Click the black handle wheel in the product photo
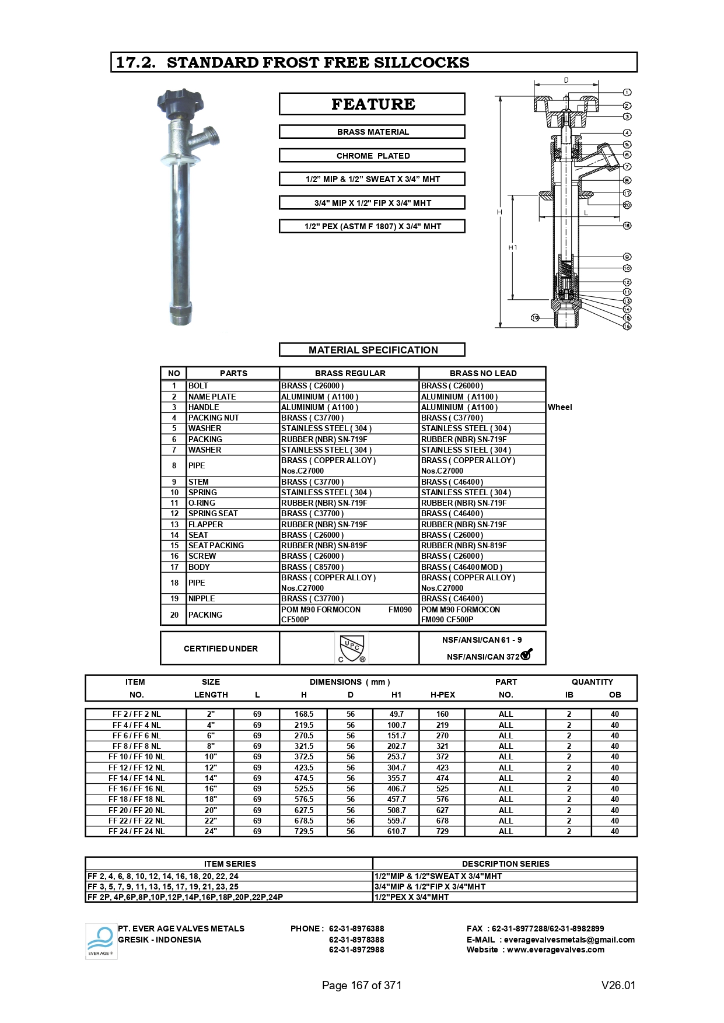click(180, 104)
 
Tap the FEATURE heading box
click(372, 104)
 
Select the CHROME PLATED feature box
click(372, 156)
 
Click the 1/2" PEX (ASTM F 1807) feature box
click(372, 226)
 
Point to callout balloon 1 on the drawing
click(627, 92)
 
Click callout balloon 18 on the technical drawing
click(627, 226)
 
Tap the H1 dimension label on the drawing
click(513, 247)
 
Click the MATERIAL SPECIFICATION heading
click(372, 350)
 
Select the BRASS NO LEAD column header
click(482, 373)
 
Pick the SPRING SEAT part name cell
click(213, 513)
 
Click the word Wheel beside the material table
click(559, 407)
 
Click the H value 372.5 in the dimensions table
click(303, 756)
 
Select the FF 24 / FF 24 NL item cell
click(137, 831)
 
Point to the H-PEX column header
click(442, 695)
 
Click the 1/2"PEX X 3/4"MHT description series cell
click(411, 897)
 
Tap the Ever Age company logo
click(101, 941)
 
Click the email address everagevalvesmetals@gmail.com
click(569, 940)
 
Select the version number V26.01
click(618, 985)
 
